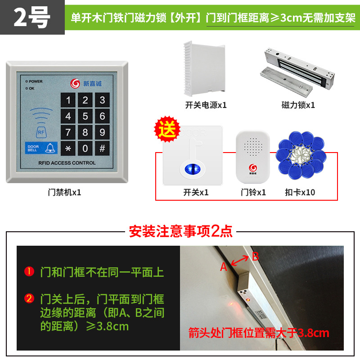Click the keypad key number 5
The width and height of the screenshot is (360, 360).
click(x=85, y=117)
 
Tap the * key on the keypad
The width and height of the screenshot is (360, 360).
click(x=68, y=148)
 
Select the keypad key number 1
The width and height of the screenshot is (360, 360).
click(x=68, y=100)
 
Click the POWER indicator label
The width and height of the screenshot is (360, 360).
click(x=35, y=81)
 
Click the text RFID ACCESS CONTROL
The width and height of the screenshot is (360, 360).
click(x=67, y=163)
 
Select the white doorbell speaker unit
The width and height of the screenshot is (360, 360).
click(x=252, y=153)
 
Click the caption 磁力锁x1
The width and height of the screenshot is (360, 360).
click(x=298, y=105)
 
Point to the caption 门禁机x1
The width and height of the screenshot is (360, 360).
click(x=64, y=192)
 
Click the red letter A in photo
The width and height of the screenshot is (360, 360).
click(x=224, y=267)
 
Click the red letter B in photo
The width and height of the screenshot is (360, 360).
click(x=255, y=256)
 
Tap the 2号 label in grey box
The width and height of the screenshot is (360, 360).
click(x=31, y=18)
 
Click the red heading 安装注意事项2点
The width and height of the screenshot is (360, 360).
click(x=180, y=231)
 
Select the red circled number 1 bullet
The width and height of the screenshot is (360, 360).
click(x=29, y=272)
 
